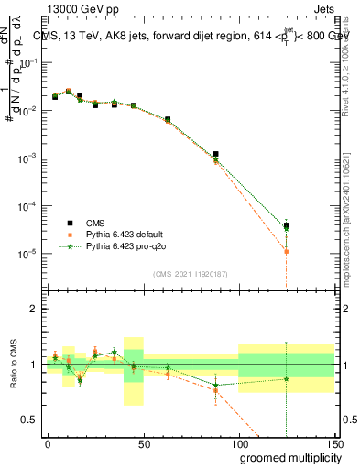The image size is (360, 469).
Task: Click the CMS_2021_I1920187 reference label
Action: point(190,274)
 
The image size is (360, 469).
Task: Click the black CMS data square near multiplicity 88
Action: point(215,155)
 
